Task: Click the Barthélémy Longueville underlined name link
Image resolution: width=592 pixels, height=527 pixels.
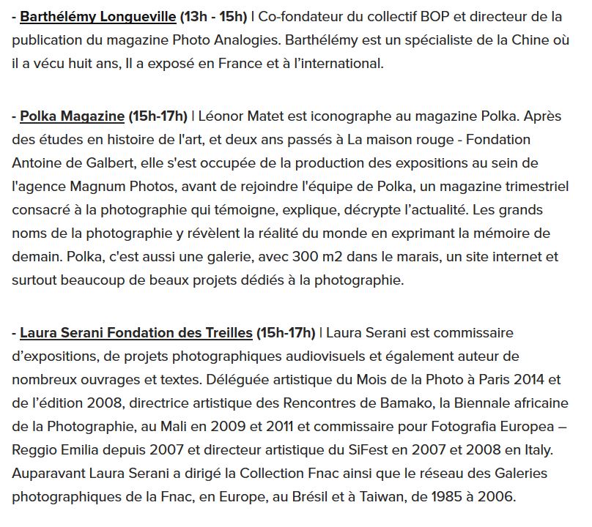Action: pos(98,16)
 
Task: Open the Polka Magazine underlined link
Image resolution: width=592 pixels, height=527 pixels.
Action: pos(73,116)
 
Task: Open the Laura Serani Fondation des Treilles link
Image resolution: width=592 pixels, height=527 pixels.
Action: pos(136,333)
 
